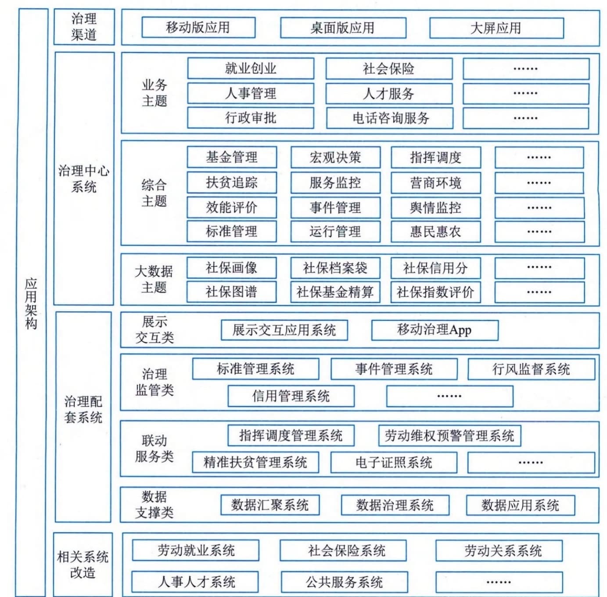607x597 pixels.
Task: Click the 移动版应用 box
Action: [x=198, y=27]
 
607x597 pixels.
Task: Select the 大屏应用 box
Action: [x=496, y=28]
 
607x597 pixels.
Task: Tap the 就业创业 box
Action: [x=251, y=68]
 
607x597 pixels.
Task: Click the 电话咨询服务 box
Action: [x=390, y=118]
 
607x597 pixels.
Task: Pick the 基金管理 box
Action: [x=232, y=157]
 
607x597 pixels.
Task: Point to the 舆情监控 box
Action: [x=436, y=208]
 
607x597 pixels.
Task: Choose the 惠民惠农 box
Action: [x=436, y=232]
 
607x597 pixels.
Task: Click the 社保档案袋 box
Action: [x=335, y=268]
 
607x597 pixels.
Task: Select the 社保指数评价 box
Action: [x=436, y=292]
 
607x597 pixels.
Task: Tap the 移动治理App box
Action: [x=435, y=330]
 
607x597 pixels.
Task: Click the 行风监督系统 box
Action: [x=532, y=369]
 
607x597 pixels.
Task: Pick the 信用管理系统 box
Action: [x=291, y=396]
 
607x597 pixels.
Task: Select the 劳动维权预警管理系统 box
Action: [x=450, y=436]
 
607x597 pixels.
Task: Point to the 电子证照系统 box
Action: [x=394, y=462]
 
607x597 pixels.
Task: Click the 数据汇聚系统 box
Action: [x=270, y=505]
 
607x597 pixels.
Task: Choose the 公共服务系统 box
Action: [x=345, y=582]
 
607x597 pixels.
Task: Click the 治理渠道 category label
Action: [x=84, y=27]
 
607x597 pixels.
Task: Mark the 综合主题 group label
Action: [x=154, y=193]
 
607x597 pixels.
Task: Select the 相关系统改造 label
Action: [x=83, y=565]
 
